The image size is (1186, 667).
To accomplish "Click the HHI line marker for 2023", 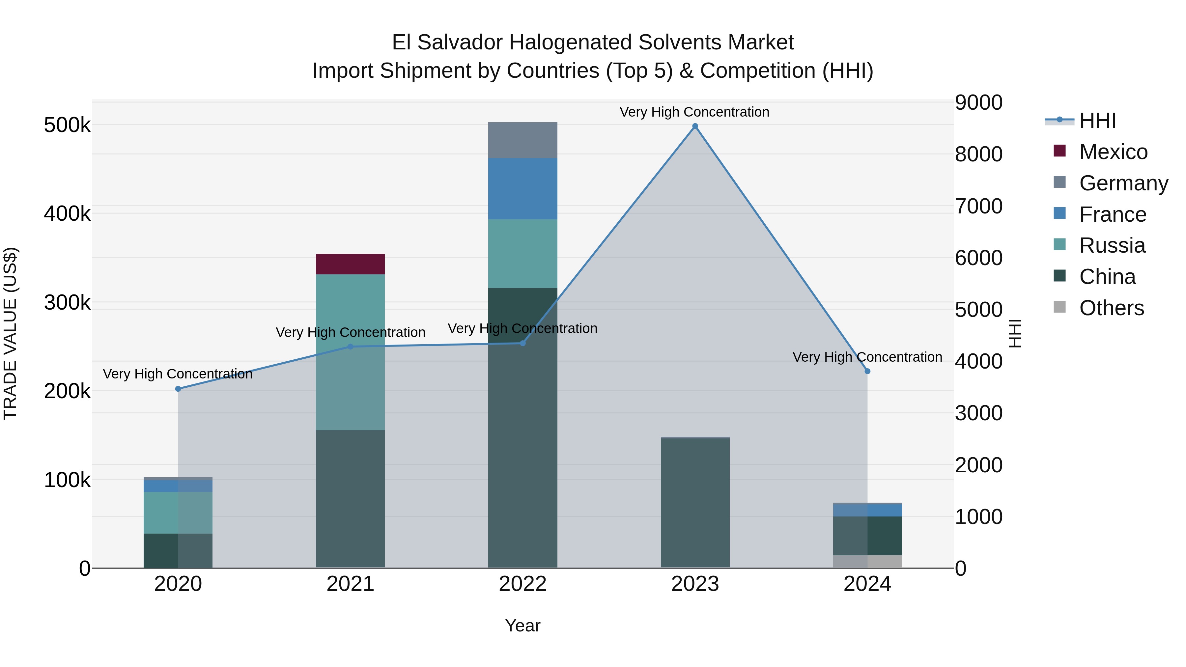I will click(x=695, y=126).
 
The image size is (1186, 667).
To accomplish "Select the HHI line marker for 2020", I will click(x=178, y=389).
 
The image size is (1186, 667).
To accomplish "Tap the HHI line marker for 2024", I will click(x=867, y=371).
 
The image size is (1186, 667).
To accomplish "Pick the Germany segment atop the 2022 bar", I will click(x=522, y=140).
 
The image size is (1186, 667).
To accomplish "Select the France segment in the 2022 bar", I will click(x=522, y=189).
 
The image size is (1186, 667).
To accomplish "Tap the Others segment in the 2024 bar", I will click(x=867, y=561).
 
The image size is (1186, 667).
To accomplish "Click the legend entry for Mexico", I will click(x=1113, y=152).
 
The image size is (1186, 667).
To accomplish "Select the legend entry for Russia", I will click(x=1112, y=245).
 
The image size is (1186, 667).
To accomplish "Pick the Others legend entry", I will click(x=1111, y=308).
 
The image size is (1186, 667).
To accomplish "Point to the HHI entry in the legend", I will click(x=1097, y=121).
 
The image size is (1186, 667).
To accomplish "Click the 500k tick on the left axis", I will click(x=67, y=125).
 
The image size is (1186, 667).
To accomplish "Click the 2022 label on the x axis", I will click(x=522, y=584).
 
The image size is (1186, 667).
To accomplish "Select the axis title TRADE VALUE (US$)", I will click(x=10, y=333).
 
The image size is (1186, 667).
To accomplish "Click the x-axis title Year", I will click(x=522, y=625).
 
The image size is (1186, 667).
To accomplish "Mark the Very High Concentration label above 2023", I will click(x=694, y=112).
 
